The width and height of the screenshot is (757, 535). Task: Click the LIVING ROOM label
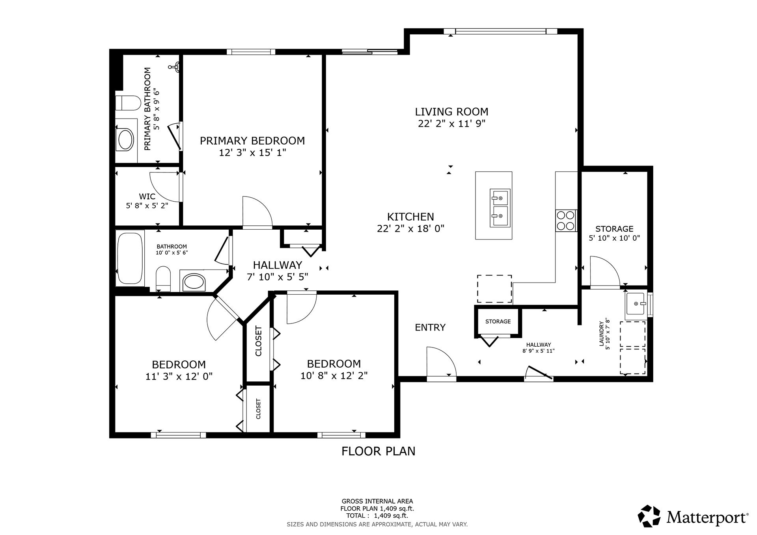(451, 111)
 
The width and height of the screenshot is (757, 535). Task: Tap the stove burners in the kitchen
(566, 221)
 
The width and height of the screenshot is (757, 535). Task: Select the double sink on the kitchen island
(500, 208)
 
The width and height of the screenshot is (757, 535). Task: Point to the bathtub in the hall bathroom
(130, 258)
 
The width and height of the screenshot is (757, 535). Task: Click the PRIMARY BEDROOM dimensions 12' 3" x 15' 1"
(252, 152)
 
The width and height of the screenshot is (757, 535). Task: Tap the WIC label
(147, 196)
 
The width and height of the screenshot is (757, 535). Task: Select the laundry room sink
(636, 304)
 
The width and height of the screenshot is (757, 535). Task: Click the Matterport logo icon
(649, 516)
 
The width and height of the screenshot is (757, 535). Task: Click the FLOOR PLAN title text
(378, 451)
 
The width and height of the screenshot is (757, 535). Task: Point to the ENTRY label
(430, 327)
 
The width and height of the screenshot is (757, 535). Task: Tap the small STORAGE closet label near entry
(498, 321)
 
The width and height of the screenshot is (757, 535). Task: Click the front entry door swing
(441, 362)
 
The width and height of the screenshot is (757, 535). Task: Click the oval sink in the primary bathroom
(126, 139)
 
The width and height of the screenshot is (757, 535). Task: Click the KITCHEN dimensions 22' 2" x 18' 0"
(410, 228)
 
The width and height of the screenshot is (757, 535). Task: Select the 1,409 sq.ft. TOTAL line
(377, 516)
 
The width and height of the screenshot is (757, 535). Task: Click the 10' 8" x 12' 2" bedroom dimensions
(334, 375)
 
